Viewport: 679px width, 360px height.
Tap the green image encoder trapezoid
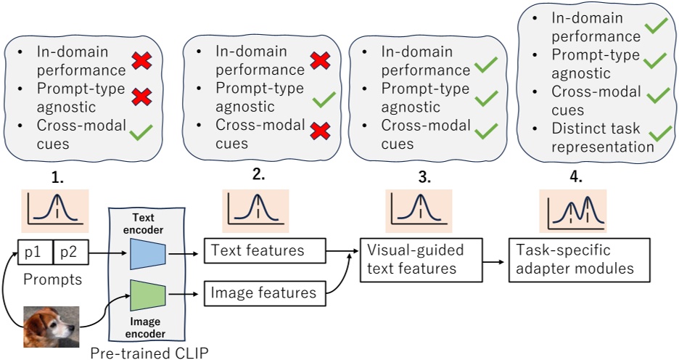[148, 294]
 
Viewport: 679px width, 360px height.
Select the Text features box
[263, 250]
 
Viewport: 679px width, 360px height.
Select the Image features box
[263, 292]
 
